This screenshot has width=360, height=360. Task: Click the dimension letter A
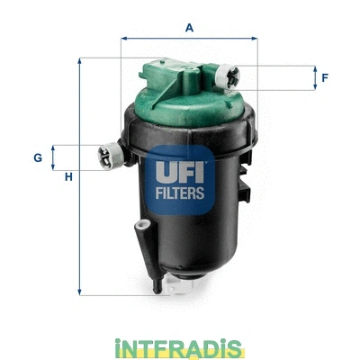pos(190,27)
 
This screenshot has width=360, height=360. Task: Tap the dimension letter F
pos(324,78)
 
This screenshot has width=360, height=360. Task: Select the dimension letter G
pos(38,157)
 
